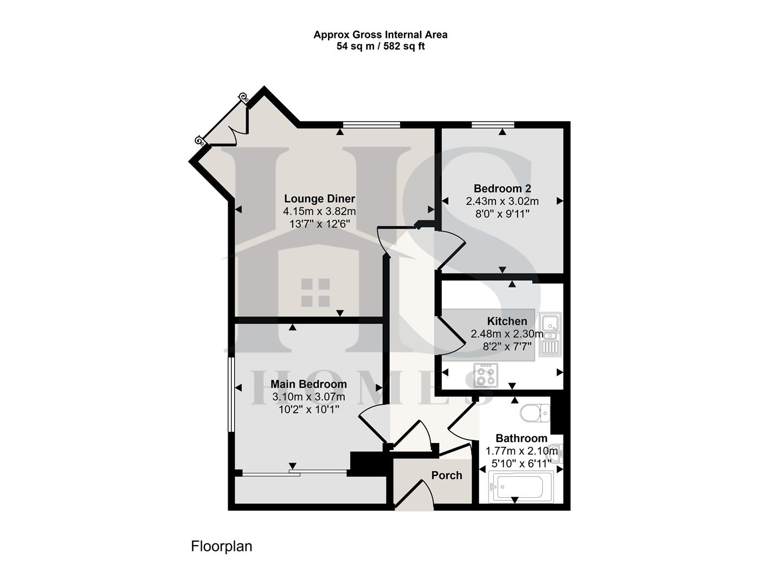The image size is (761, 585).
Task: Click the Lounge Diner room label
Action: (319, 199)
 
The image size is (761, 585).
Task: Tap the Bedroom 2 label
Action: (502, 188)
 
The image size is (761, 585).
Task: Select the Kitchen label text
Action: (507, 321)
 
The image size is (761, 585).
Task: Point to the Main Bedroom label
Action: (308, 384)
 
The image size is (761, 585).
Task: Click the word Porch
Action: (447, 476)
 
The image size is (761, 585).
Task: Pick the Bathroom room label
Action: (521, 438)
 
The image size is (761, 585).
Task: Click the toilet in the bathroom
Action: (535, 413)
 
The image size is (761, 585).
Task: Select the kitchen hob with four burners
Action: (485, 375)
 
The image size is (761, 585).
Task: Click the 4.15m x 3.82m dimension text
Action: (319, 211)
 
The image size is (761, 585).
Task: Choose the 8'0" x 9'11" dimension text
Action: (502, 213)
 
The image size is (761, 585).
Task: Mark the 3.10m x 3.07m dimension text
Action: (308, 397)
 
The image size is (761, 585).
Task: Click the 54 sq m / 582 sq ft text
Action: (380, 47)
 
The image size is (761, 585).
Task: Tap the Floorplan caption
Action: (221, 546)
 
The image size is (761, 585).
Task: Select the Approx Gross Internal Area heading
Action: (380, 35)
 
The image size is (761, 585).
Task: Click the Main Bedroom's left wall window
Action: (231, 394)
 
